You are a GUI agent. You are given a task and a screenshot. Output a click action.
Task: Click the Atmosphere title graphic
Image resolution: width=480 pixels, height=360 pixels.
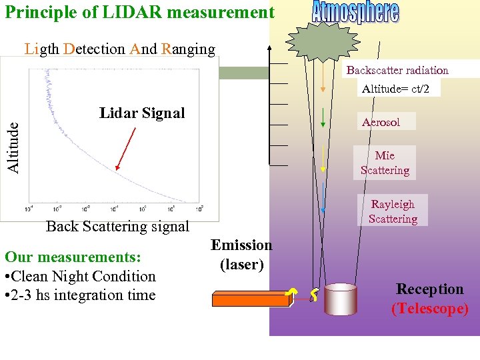(x=356, y=13)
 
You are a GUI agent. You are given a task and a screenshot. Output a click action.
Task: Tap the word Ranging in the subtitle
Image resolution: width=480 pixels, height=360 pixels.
(x=188, y=49)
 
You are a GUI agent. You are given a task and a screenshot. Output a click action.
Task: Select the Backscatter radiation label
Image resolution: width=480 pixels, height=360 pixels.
(x=397, y=70)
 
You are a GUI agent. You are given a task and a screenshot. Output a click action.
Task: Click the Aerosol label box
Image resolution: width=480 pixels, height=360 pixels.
(x=381, y=121)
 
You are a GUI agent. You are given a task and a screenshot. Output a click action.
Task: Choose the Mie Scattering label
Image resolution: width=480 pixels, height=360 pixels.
(x=385, y=163)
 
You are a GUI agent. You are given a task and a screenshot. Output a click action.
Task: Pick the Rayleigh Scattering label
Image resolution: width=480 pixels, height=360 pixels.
(x=393, y=211)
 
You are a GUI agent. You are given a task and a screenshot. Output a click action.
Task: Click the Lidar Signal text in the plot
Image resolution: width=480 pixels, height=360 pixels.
(x=142, y=113)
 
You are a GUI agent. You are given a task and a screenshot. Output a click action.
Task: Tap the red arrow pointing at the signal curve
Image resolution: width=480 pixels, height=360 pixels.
(x=125, y=149)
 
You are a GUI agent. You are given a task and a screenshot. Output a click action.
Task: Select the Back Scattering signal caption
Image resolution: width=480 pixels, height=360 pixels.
(x=117, y=227)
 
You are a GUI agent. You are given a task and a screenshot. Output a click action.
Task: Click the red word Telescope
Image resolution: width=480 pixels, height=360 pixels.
(x=430, y=309)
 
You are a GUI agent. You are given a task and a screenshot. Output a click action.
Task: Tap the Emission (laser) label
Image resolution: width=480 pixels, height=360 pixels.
(x=242, y=255)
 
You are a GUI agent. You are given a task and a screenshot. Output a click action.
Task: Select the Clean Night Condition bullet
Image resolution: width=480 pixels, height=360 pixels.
(x=80, y=276)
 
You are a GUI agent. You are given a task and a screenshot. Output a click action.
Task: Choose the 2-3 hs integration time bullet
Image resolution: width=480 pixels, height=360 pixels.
(x=80, y=295)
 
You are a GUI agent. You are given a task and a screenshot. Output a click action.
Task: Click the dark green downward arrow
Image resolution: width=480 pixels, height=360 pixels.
(x=323, y=116)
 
